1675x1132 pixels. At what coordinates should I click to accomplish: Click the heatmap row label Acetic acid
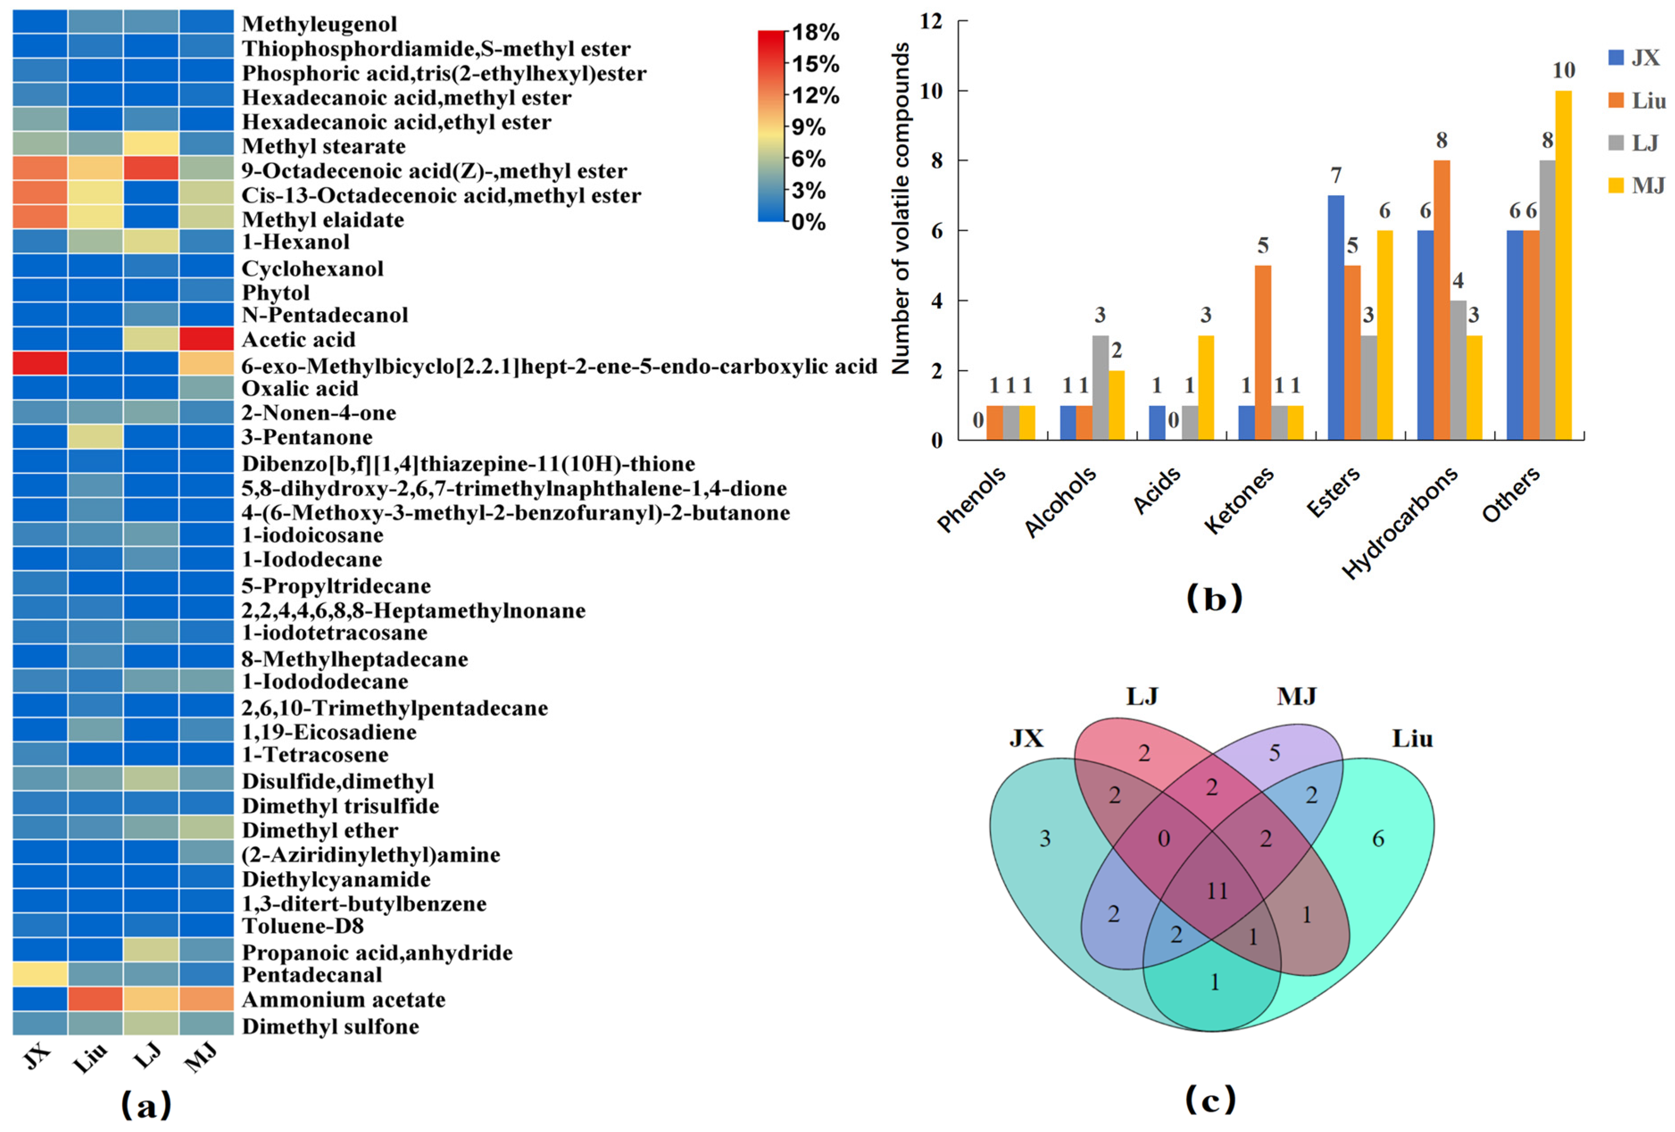tap(299, 339)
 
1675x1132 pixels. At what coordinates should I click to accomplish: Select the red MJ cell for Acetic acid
tap(206, 339)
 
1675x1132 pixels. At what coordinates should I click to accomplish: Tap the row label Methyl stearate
tap(324, 146)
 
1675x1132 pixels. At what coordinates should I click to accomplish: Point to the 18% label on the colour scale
tap(815, 33)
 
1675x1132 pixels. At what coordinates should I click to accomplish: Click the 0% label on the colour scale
tap(809, 222)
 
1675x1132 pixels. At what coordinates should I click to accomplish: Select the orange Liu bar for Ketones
tap(1263, 353)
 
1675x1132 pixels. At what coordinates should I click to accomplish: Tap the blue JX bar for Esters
tap(1335, 317)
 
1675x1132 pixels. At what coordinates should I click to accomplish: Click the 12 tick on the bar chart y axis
tap(931, 21)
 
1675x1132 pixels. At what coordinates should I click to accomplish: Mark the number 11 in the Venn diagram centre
tap(1217, 891)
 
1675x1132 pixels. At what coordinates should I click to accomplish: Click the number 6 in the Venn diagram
tap(1377, 839)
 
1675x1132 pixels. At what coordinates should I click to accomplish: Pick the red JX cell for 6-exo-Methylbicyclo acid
tap(40, 363)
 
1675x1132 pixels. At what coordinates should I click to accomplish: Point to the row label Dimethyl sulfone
tap(330, 1026)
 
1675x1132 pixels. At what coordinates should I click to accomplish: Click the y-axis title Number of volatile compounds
tap(901, 209)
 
